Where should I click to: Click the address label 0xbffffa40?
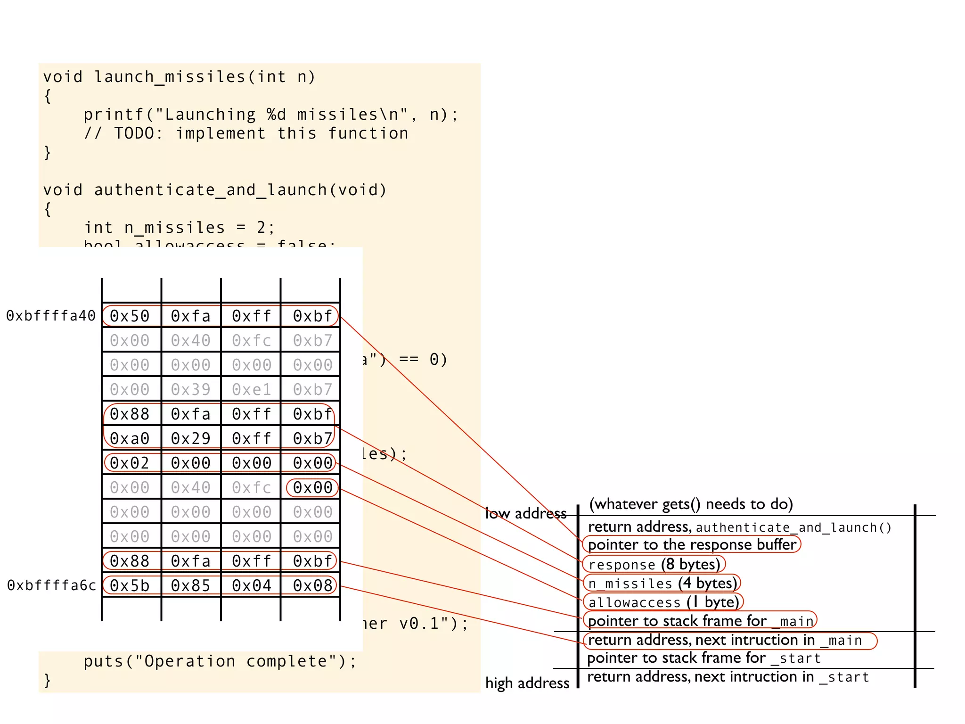pyautogui.click(x=51, y=316)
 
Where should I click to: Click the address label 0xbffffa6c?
pyautogui.click(x=51, y=585)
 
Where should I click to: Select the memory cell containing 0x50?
pyautogui.click(x=130, y=316)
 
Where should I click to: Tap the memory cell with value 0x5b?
pyautogui.click(x=130, y=585)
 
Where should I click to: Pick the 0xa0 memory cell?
pyautogui.click(x=130, y=438)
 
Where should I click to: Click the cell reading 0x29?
pyautogui.click(x=190, y=438)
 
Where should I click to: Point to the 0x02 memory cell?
pyautogui.click(x=130, y=463)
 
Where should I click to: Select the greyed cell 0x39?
pyautogui.click(x=190, y=389)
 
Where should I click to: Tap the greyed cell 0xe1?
pyautogui.click(x=252, y=389)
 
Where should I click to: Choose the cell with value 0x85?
pyautogui.click(x=190, y=585)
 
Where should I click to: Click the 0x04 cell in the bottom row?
pyautogui.click(x=252, y=585)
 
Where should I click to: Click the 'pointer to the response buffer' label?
pyautogui.click(x=692, y=544)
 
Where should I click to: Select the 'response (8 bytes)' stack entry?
pyautogui.click(x=654, y=564)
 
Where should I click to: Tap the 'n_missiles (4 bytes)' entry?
pyautogui.click(x=662, y=583)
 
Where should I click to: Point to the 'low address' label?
pyautogui.click(x=526, y=513)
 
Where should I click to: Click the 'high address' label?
pyautogui.click(x=527, y=683)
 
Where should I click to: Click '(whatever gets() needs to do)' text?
pyautogui.click(x=691, y=504)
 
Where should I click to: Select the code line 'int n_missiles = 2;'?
pyautogui.click(x=179, y=228)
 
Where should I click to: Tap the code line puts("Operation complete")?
pyautogui.click(x=220, y=661)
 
